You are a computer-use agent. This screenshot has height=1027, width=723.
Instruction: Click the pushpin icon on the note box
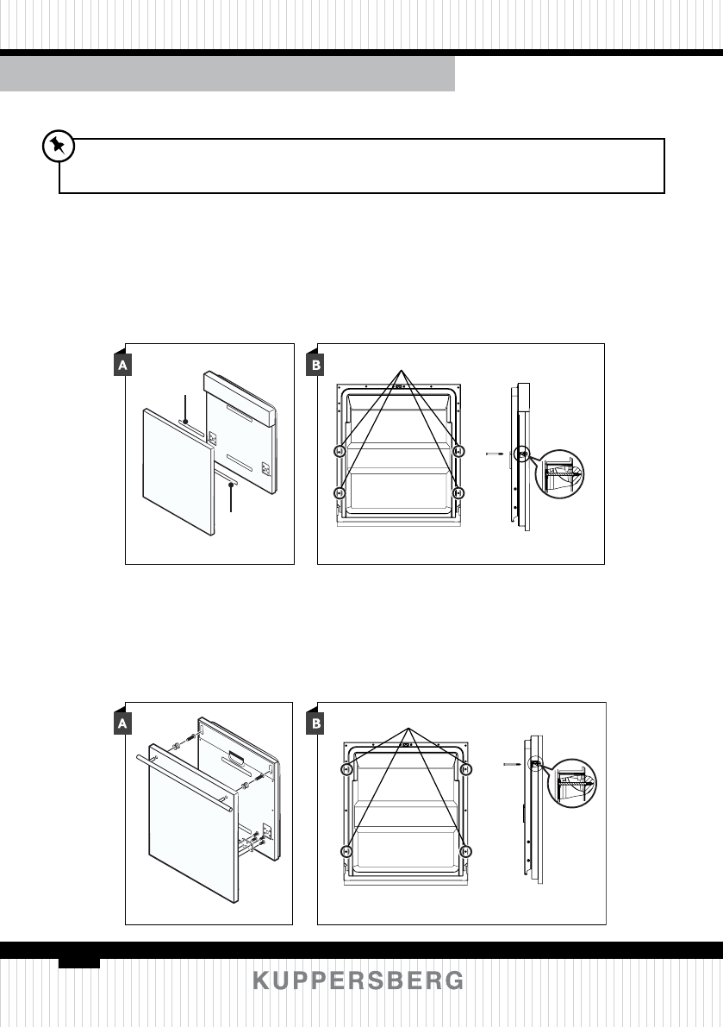click(57, 147)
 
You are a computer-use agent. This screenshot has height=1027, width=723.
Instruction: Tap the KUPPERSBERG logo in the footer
click(358, 981)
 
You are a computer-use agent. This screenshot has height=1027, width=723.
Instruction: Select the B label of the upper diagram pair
click(316, 366)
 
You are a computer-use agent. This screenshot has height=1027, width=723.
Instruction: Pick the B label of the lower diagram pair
click(316, 725)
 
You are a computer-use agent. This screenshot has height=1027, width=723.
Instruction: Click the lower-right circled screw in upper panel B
click(458, 492)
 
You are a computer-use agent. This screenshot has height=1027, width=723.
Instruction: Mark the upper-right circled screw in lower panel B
click(465, 769)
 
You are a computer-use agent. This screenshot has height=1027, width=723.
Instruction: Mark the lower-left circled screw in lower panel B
click(346, 851)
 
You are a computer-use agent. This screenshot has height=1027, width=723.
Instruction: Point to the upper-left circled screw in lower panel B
click(346, 769)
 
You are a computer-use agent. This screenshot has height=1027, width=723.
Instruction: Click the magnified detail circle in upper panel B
click(559, 473)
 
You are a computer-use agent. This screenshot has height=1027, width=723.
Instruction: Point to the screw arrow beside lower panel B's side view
click(509, 763)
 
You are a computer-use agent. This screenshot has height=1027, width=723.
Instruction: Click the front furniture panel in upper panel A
click(177, 470)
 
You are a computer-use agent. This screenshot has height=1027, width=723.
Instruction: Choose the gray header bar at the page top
click(227, 74)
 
